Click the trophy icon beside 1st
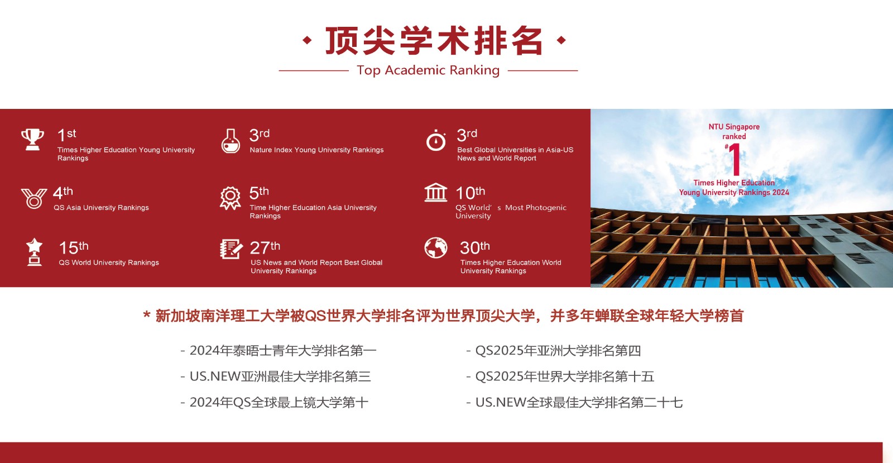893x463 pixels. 32,139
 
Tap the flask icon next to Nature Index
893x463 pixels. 231,141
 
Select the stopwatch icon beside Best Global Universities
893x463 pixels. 436,140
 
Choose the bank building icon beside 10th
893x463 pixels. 436,193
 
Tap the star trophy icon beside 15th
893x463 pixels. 34,252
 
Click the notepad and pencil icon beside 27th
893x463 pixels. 231,249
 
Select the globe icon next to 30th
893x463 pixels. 436,248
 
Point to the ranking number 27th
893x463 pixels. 265,247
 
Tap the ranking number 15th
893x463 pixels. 74,247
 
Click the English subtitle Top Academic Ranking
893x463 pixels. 428,70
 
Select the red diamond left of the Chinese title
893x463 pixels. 307,40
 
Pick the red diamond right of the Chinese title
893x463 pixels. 561,40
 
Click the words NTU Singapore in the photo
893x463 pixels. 734,127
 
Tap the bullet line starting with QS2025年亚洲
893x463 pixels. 553,351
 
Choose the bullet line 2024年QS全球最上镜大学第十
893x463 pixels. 274,402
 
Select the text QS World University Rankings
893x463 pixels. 109,262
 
